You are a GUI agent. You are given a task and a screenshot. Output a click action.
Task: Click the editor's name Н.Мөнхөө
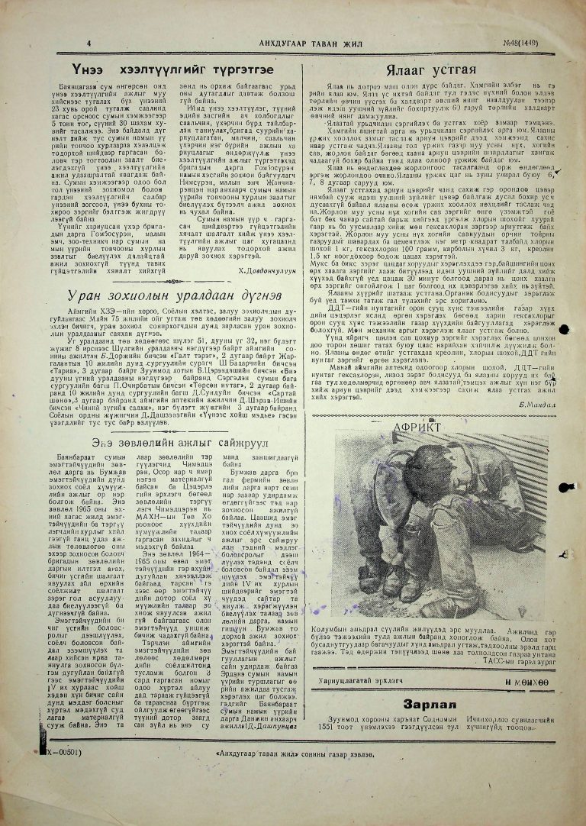pyautogui.click(x=526, y=703)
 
